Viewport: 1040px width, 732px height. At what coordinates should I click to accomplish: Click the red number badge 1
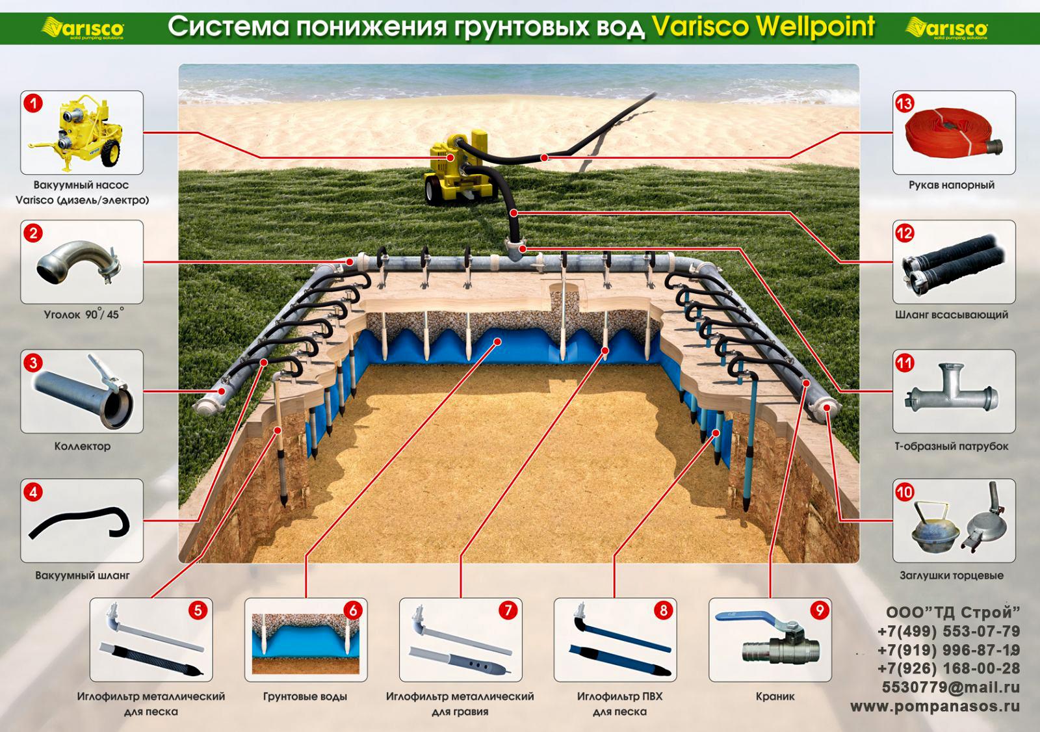[x=33, y=103]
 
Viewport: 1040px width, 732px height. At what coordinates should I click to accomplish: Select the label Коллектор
[x=83, y=447]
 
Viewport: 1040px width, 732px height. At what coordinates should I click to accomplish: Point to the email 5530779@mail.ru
[x=951, y=687]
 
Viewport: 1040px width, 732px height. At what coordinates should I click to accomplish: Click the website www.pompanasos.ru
[x=935, y=707]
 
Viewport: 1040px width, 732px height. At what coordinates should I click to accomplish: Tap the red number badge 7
[x=508, y=610]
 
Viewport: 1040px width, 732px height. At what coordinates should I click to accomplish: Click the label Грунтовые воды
[x=305, y=697]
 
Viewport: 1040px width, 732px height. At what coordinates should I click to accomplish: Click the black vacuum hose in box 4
[x=79, y=523]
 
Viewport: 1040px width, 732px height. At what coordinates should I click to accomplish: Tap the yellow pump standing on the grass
[x=458, y=170]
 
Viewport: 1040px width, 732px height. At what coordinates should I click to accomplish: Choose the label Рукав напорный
[x=952, y=185]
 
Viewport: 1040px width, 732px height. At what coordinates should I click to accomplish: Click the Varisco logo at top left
[x=83, y=29]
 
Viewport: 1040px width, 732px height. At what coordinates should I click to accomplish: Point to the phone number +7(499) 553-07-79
[x=949, y=632]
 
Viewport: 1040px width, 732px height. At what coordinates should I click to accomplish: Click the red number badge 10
[x=904, y=492]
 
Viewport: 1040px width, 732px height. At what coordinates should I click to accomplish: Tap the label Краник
[x=775, y=697]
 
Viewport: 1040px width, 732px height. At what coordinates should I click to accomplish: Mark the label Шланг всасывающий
[x=952, y=315]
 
